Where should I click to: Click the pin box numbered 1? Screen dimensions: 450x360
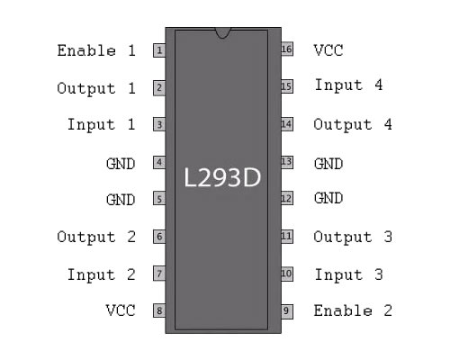coord(159,50)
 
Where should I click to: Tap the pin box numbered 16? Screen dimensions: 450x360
coord(287,49)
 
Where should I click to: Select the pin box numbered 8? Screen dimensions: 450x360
coord(159,310)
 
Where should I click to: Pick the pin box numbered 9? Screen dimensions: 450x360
coord(287,311)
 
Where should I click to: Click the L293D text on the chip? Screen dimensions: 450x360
coord(222,177)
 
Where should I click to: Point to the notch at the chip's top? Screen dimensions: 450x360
coord(223,32)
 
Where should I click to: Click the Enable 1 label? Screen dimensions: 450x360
coord(96,50)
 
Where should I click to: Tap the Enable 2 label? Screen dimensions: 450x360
coord(353,310)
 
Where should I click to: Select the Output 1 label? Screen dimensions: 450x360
coord(96,88)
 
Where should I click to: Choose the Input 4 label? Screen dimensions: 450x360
coord(348,85)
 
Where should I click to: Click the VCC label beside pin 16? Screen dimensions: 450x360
coord(328,50)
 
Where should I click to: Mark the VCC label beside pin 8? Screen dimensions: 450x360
coord(121,310)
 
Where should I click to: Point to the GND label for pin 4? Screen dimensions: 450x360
coord(121,164)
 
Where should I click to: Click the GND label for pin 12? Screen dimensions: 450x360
coord(328,198)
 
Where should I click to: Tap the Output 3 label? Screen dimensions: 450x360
coord(353,237)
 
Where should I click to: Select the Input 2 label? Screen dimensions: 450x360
coord(102,274)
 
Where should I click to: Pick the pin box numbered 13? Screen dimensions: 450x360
coord(287,162)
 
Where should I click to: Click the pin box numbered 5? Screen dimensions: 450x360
coord(159,199)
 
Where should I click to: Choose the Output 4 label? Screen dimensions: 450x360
coord(353,124)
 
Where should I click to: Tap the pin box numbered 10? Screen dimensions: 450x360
coord(287,274)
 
